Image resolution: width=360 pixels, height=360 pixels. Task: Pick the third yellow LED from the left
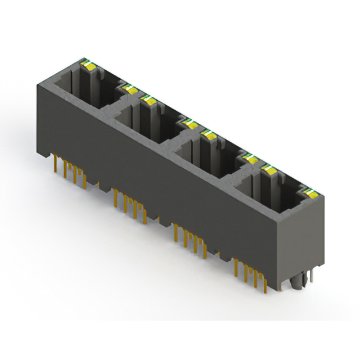[x=150, y=100]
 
